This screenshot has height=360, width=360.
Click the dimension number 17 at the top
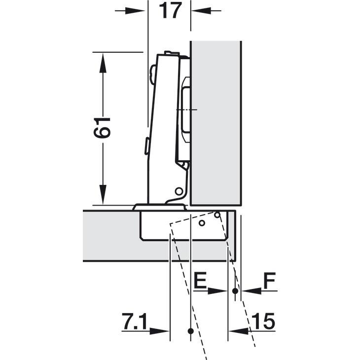coord(170,10)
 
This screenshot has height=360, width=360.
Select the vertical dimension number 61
coord(102,128)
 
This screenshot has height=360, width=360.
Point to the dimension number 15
coord(263,321)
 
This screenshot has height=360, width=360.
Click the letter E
coord(200,280)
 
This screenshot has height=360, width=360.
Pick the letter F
coord(270,280)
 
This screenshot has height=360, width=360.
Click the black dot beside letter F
coord(235,291)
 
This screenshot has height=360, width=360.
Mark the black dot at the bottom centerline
coord(190,331)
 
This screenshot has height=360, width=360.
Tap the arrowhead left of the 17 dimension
coord(135,10)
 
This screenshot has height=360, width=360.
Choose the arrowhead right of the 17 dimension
coord(201,10)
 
